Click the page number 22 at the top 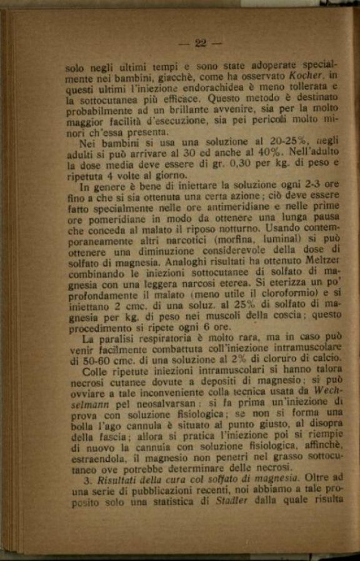click(x=200, y=43)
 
